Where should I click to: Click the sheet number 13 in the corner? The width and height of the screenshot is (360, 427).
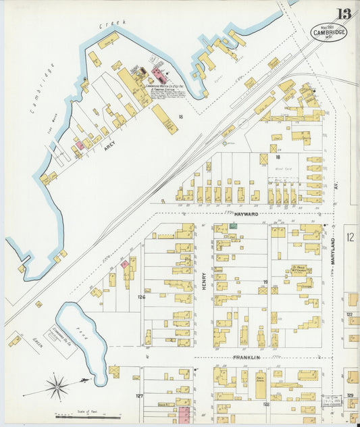[x=345, y=13]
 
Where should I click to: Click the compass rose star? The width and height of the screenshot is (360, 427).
[x=58, y=387]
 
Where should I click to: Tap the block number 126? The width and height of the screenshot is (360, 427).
[x=141, y=297]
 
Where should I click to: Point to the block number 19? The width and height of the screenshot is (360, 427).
[x=265, y=282]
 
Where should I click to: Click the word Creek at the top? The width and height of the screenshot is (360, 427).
[x=113, y=25]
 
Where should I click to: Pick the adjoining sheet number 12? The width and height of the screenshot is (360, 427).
[x=350, y=237]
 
